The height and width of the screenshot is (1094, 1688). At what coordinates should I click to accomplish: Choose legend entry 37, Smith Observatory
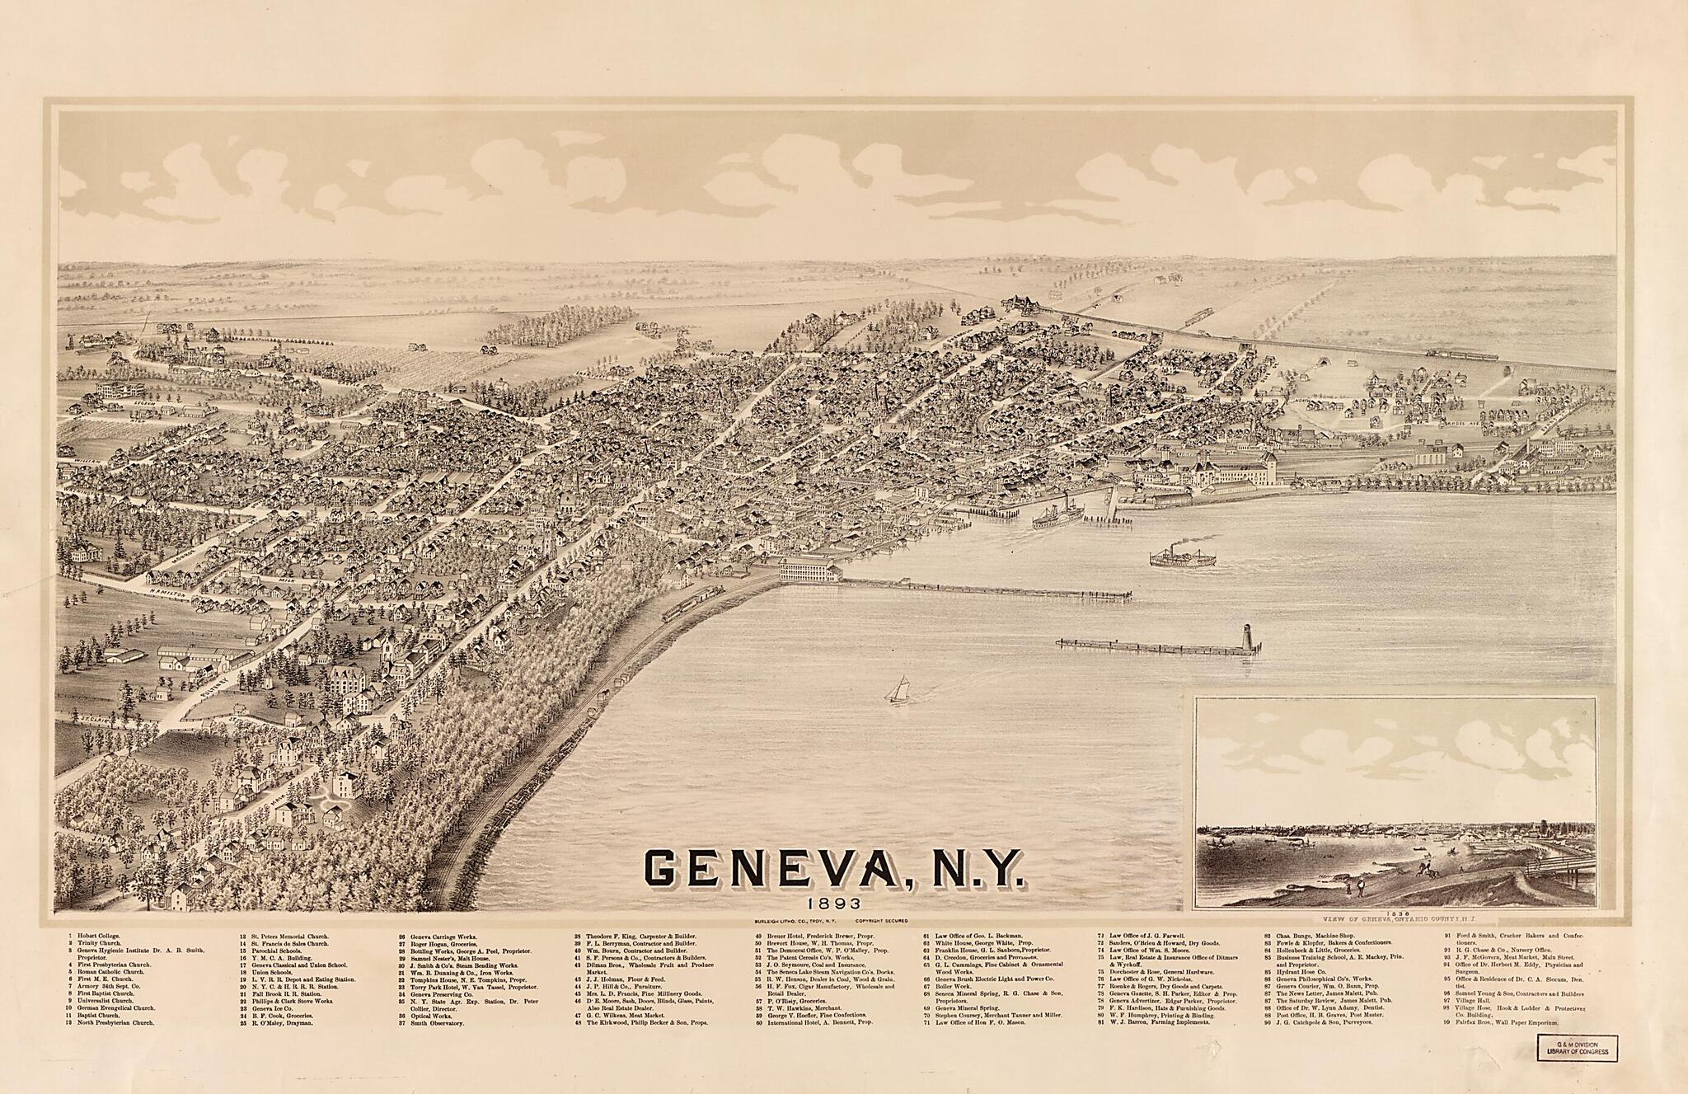439,1023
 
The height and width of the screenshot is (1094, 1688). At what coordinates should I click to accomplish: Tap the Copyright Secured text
881,919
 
